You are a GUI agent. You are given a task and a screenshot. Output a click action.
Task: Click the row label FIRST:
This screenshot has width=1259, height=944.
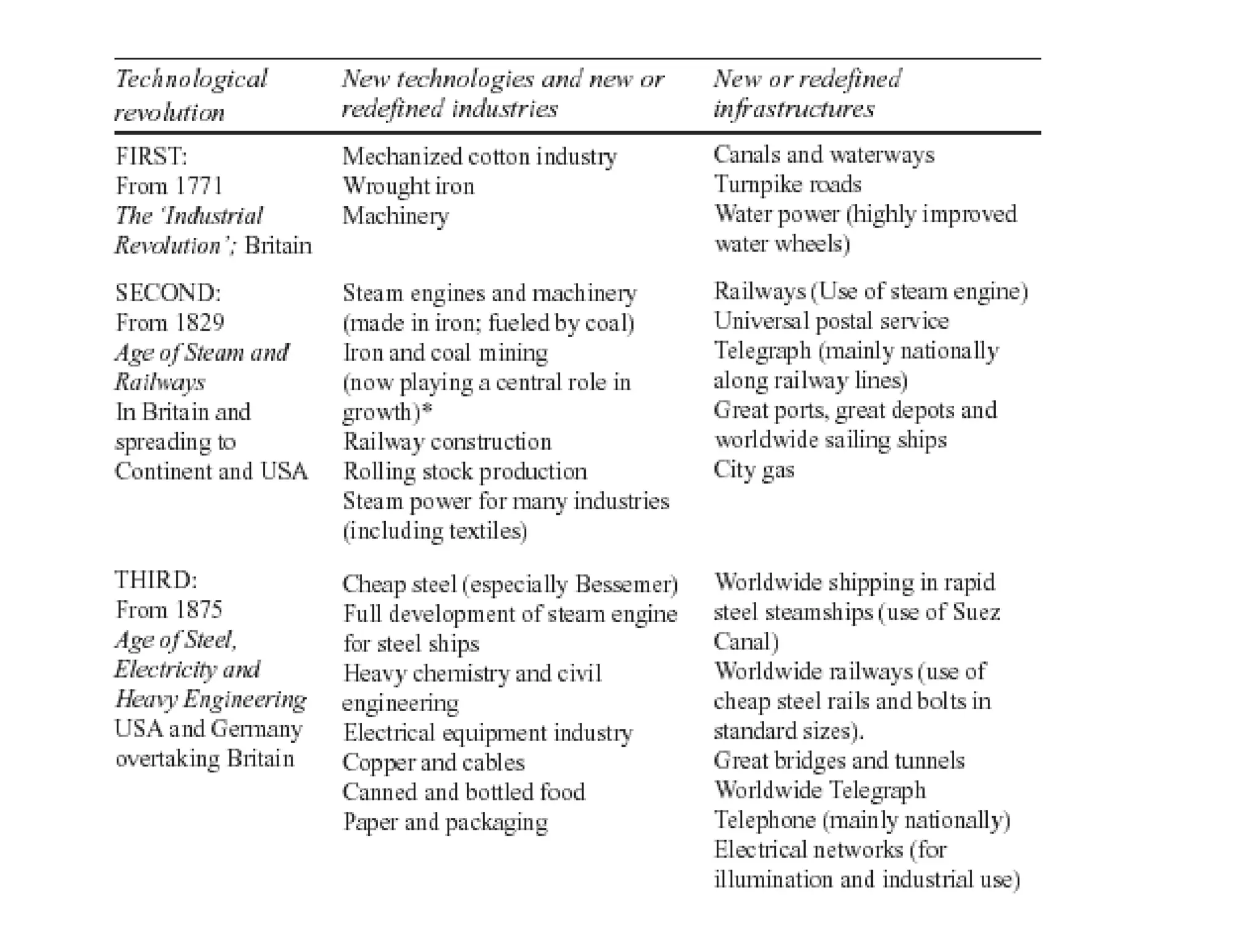tap(151, 156)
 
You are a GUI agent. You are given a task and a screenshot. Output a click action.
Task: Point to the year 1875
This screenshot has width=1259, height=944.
tap(198, 610)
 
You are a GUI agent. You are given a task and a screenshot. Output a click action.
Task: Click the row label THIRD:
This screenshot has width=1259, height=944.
tap(156, 580)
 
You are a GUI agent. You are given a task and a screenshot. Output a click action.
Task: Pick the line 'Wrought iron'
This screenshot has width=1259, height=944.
tap(408, 186)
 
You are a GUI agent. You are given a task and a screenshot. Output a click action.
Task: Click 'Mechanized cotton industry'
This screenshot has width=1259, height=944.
tap(480, 156)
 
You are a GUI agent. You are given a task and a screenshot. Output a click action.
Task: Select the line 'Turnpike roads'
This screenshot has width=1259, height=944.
tap(787, 184)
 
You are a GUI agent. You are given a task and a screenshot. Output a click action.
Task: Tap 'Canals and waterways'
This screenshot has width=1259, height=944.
tap(824, 155)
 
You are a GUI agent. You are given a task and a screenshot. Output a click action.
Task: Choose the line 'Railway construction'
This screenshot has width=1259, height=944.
tap(447, 442)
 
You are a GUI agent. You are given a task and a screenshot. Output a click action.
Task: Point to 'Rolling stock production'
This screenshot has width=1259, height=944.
tap(465, 471)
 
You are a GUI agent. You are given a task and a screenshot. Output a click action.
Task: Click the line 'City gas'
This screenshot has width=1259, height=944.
tap(754, 470)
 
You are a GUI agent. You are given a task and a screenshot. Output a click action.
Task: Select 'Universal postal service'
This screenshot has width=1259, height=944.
tap(831, 321)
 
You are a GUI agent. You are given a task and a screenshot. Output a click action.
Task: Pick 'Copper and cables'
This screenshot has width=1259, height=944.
tap(433, 762)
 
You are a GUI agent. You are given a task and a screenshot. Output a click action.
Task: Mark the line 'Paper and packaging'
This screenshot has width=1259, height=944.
tap(445, 822)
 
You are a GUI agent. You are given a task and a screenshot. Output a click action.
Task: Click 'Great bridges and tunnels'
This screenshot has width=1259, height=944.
tap(839, 761)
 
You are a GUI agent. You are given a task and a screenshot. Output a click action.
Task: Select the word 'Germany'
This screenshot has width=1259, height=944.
tap(256, 729)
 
